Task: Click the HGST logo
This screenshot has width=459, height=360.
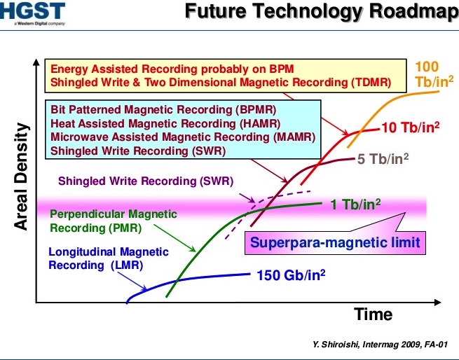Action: pos(32,13)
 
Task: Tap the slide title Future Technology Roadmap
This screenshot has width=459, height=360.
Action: pos(322,11)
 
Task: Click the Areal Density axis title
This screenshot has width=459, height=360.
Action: pos(22,176)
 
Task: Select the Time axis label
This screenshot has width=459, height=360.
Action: pos(374,314)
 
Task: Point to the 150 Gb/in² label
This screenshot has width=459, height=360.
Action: pos(291,275)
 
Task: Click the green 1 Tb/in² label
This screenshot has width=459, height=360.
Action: pos(355,204)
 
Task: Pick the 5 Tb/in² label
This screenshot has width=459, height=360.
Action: pos(383,159)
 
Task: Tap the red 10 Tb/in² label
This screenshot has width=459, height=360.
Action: pos(411,127)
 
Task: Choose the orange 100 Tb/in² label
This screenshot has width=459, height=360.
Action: pos(434,74)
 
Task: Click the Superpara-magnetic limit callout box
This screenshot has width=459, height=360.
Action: pos(335,242)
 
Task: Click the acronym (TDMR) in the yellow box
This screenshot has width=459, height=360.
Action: pos(371,83)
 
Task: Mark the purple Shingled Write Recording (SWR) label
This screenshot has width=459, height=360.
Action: pos(146,181)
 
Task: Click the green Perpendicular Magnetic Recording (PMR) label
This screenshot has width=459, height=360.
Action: pos(114,221)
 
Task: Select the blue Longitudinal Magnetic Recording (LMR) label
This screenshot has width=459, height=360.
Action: pos(109,258)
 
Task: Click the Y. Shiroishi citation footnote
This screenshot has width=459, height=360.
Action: pos(380,345)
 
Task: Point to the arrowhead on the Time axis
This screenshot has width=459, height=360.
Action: pos(438,303)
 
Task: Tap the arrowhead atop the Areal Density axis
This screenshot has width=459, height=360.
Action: pos(36,62)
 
